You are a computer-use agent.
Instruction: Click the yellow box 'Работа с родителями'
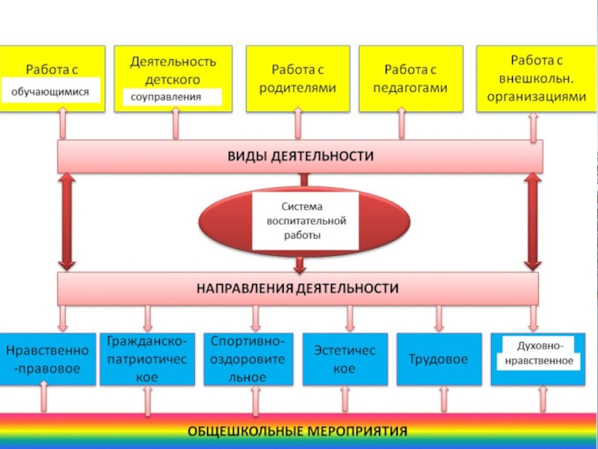point(298,79)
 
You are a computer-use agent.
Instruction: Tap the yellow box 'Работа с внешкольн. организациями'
point(536,78)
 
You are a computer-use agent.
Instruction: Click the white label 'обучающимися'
point(51,92)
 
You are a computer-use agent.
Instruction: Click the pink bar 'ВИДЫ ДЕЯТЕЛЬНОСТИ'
point(300,156)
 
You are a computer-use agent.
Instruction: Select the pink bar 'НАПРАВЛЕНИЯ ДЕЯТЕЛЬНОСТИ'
point(298,287)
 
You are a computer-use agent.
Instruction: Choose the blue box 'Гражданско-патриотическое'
point(147,359)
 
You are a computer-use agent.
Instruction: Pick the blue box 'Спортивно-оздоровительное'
point(247,359)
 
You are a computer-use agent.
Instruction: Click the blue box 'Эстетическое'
point(344,359)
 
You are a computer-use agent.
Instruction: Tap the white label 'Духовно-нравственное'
point(534,353)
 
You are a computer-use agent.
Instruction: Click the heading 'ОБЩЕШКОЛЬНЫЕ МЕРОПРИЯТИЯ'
point(298,432)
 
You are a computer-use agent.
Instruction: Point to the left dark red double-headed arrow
point(67,222)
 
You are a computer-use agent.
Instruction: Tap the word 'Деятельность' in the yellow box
point(173,61)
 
